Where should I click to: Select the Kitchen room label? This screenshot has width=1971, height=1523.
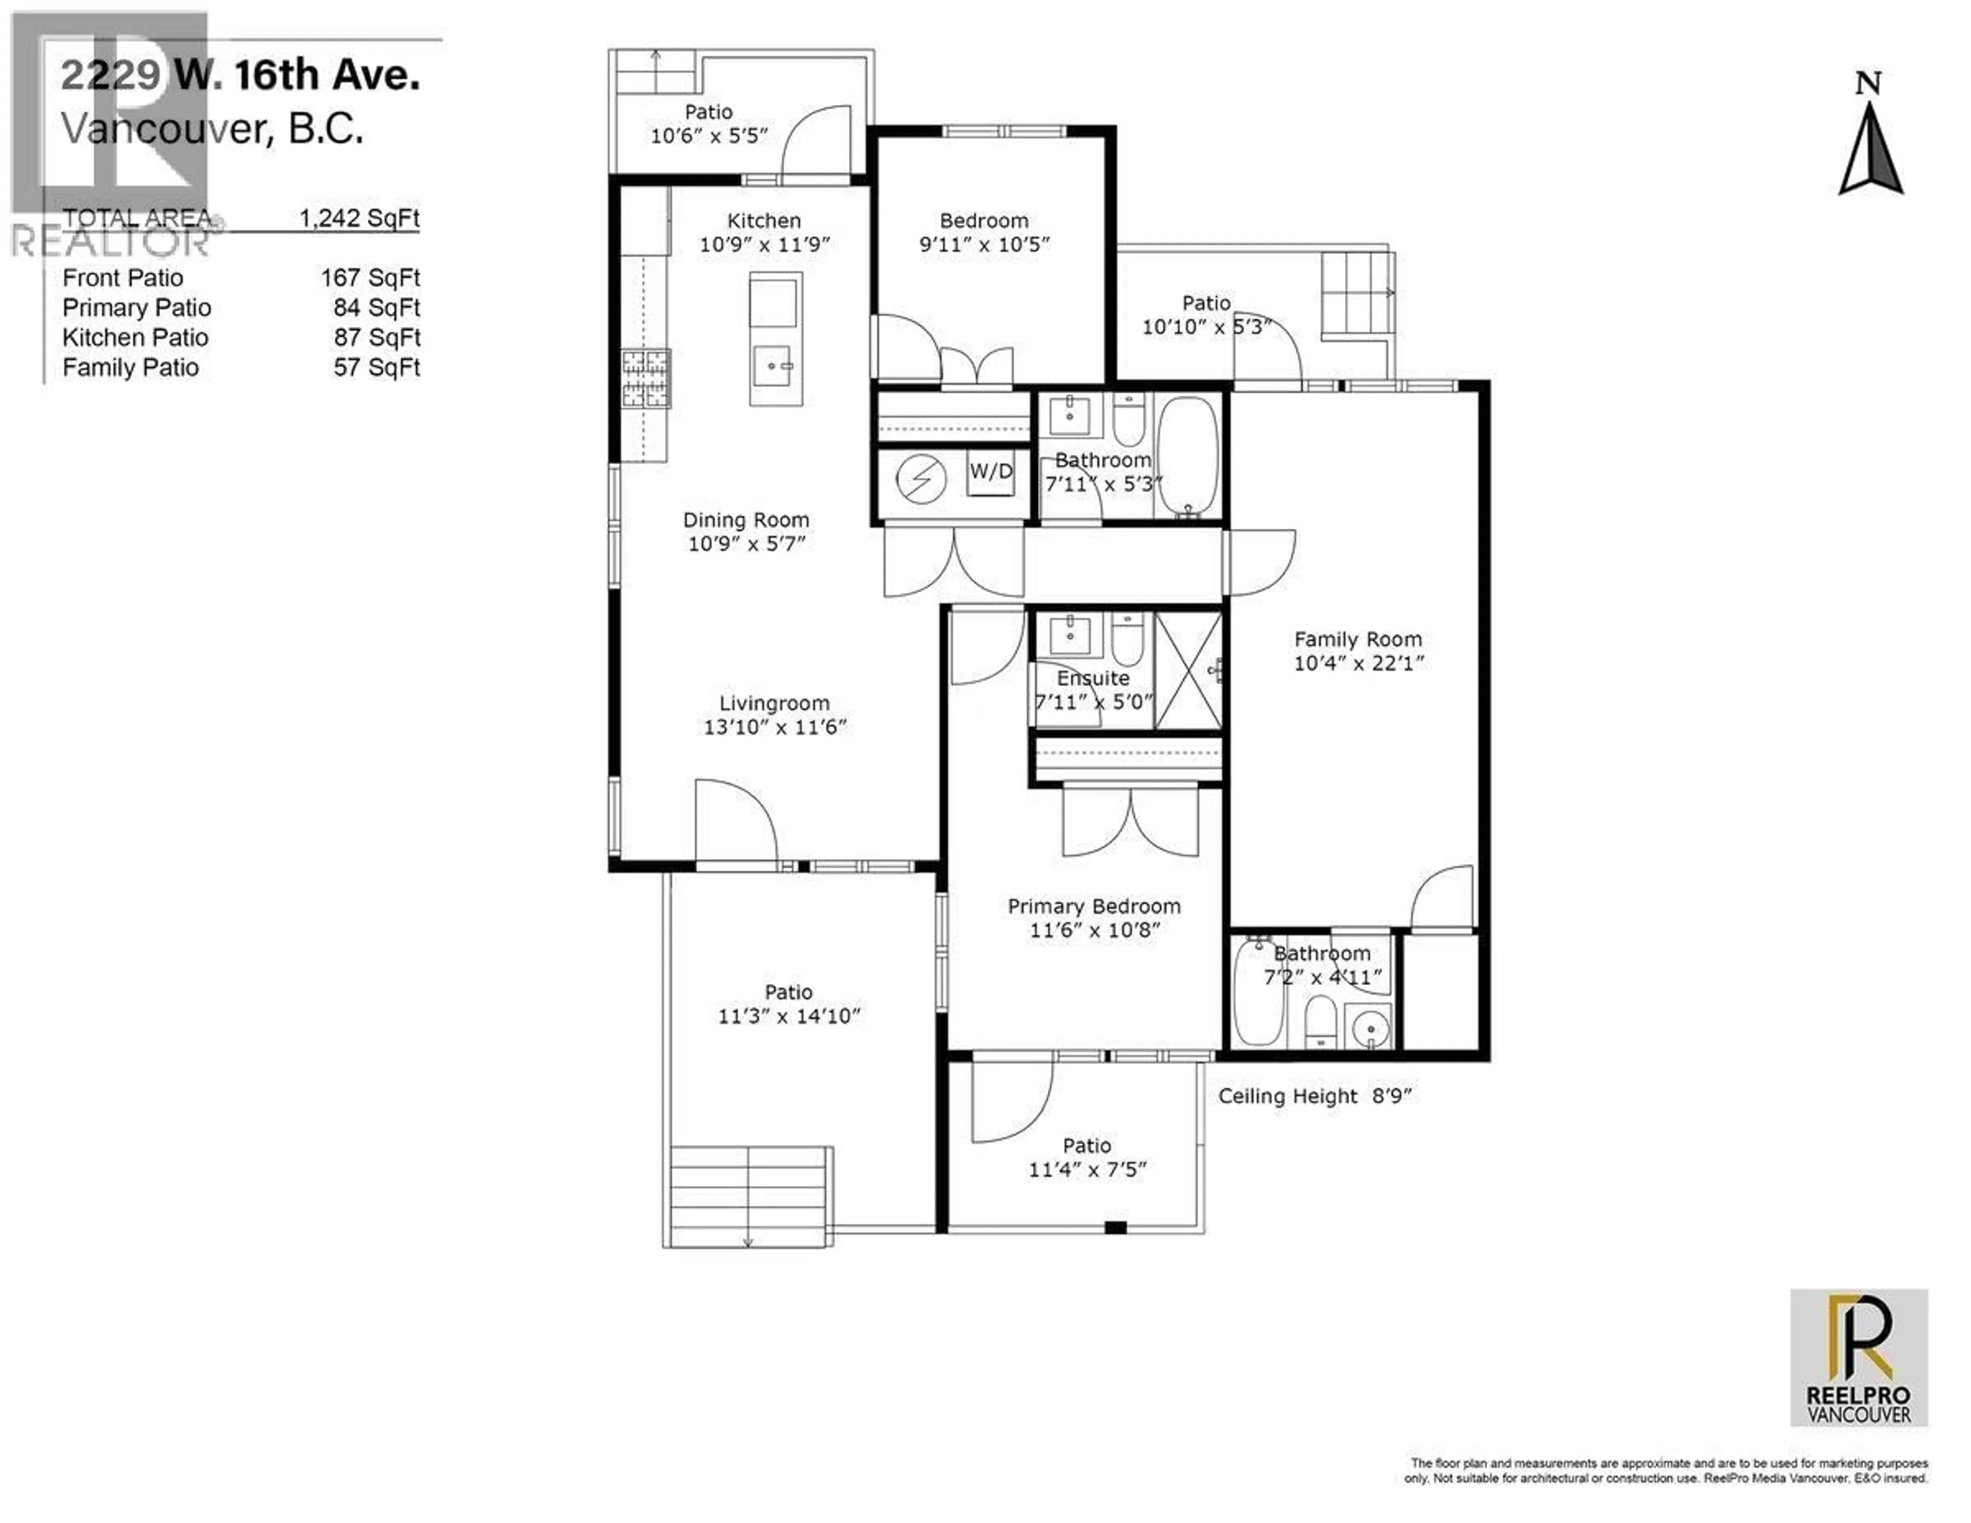pyautogui.click(x=763, y=220)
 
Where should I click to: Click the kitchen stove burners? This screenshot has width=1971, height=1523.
pyautogui.click(x=645, y=377)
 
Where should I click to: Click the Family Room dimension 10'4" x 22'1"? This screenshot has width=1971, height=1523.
pyautogui.click(x=1358, y=663)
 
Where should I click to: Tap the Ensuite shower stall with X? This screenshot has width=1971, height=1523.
pyautogui.click(x=1189, y=671)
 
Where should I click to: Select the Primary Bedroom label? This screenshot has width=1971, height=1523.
pyautogui.click(x=1094, y=906)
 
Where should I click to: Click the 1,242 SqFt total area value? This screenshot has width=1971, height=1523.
pyautogui.click(x=359, y=218)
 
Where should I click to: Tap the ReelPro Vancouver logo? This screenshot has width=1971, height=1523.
pyautogui.click(x=1859, y=1357)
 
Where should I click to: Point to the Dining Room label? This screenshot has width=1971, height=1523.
pyautogui.click(x=745, y=520)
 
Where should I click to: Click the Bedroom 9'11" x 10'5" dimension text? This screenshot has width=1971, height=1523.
pyautogui.click(x=983, y=244)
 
